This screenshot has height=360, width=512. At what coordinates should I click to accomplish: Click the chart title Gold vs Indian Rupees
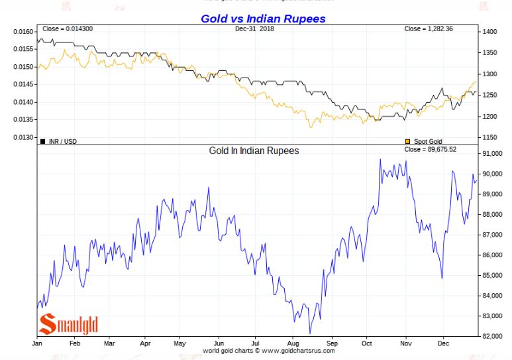coord(263,19)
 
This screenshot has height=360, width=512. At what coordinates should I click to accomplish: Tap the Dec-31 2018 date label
coord(254,29)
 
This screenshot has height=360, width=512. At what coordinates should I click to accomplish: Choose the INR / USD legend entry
coord(58,141)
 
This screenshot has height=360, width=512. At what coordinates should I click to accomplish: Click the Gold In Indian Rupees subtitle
coord(254,150)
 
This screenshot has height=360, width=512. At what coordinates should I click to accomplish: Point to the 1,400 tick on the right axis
coord(490,32)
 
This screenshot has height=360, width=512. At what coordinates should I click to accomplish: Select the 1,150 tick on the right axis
coord(490,137)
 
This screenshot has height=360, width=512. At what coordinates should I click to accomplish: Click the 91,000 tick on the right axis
coord(492,154)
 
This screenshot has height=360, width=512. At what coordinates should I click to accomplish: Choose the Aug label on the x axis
coord(293,343)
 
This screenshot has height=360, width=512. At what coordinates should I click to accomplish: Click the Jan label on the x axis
coord(38,343)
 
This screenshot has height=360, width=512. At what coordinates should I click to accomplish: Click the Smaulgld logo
coord(68,324)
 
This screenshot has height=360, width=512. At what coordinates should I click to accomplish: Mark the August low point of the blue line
coord(310,333)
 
